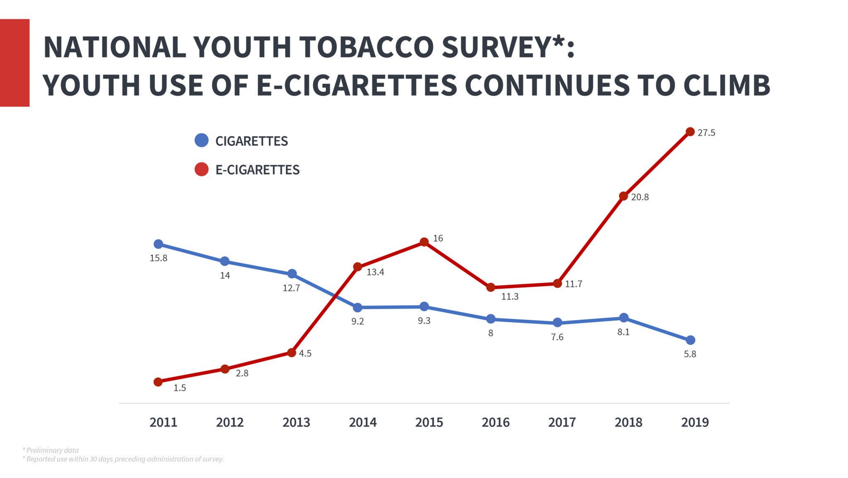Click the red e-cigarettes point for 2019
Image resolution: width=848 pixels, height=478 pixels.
click(x=690, y=132)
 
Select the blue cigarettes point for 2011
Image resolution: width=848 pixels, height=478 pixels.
click(x=158, y=244)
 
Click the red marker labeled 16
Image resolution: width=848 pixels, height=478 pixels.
click(x=424, y=242)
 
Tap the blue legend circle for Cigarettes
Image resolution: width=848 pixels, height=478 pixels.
click(x=202, y=140)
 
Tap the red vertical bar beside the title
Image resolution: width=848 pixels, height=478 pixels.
click(x=15, y=63)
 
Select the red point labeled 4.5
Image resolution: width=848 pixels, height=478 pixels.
click(x=292, y=353)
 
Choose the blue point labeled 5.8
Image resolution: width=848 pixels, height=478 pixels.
click(x=690, y=340)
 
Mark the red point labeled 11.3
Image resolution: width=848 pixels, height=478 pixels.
click(x=490, y=287)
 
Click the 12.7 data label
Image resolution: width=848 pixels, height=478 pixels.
click(x=291, y=288)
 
